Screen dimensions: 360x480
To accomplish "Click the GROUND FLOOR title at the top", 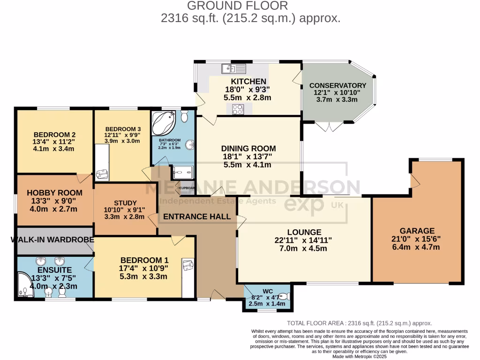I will pyautogui.click(x=238, y=6).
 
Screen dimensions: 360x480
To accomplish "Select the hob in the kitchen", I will pyautogui.click(x=237, y=109).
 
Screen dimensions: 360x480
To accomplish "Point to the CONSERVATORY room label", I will pyautogui.click(x=337, y=85).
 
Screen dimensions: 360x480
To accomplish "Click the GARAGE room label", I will pyautogui.click(x=417, y=231).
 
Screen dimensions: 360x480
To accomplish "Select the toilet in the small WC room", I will pyautogui.click(x=285, y=297).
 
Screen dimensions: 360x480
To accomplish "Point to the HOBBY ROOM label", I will pyautogui.click(x=54, y=193).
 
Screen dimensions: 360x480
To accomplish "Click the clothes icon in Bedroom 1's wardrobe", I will pyautogui.click(x=187, y=265).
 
